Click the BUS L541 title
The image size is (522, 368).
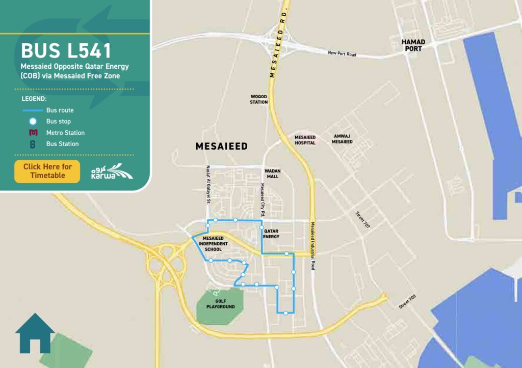66,51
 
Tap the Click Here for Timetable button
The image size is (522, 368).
47,171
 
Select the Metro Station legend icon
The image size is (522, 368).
33,133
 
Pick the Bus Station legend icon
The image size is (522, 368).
33,144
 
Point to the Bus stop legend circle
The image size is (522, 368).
33,122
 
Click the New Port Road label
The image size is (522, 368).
342,53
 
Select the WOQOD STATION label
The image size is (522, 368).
259,99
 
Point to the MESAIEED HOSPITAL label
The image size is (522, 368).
305,140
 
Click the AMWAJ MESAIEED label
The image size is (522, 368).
342,139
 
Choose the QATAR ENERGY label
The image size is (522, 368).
271,234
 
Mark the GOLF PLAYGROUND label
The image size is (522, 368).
221,304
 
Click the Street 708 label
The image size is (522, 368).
405,303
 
